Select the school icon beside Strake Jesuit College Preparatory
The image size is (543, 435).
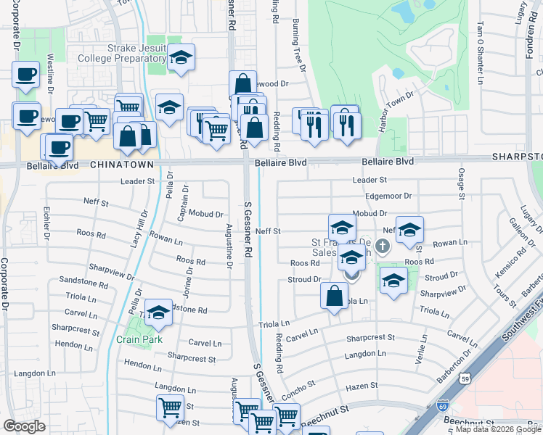coord(181,58)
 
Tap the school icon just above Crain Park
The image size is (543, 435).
coord(159,312)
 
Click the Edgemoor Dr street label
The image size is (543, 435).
coord(388,196)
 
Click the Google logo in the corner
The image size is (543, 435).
coord(24,426)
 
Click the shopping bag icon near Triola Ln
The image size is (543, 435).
coord(333,297)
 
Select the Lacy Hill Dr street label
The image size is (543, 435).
coord(140,229)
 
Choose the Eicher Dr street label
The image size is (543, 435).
coord(46,224)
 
